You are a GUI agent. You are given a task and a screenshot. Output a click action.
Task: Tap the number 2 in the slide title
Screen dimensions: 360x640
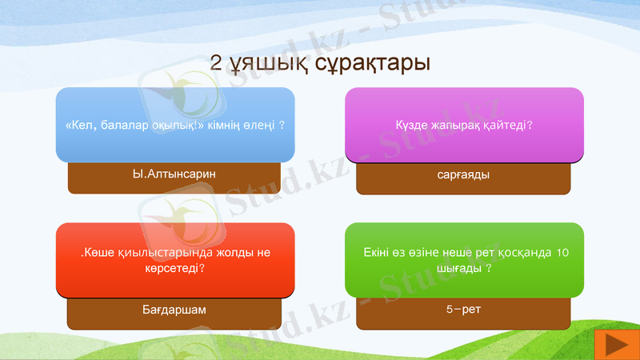pos(216,62)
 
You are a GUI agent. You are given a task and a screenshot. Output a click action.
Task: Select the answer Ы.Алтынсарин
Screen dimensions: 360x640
pos(174,173)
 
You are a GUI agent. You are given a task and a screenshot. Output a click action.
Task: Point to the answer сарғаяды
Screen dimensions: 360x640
pos(463,174)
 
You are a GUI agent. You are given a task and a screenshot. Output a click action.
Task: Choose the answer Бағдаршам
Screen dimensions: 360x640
pos(174,309)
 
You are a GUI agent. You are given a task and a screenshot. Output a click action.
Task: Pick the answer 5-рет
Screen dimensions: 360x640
pos(463,308)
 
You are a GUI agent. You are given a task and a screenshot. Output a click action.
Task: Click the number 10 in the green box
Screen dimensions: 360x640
pos(562,253)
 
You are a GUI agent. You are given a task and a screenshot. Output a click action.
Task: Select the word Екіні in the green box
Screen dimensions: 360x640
pos(376,253)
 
